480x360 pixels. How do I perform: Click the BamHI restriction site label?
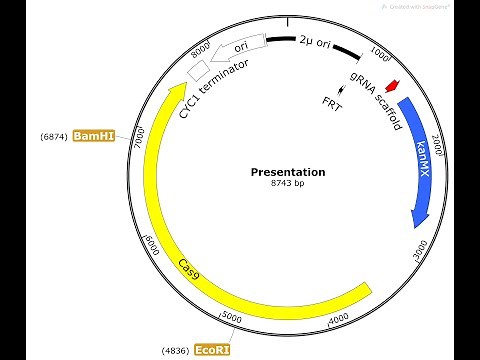[x=93, y=135]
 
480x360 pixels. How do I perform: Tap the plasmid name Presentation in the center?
[x=287, y=172]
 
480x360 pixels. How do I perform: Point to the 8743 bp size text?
[x=287, y=185]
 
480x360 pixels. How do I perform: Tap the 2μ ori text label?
[x=314, y=41]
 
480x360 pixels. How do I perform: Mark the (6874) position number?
[x=53, y=135]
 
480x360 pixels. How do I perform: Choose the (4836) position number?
[x=176, y=350]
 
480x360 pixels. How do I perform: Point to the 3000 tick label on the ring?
[x=421, y=245]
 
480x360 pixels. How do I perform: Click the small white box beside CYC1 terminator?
[x=199, y=69]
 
